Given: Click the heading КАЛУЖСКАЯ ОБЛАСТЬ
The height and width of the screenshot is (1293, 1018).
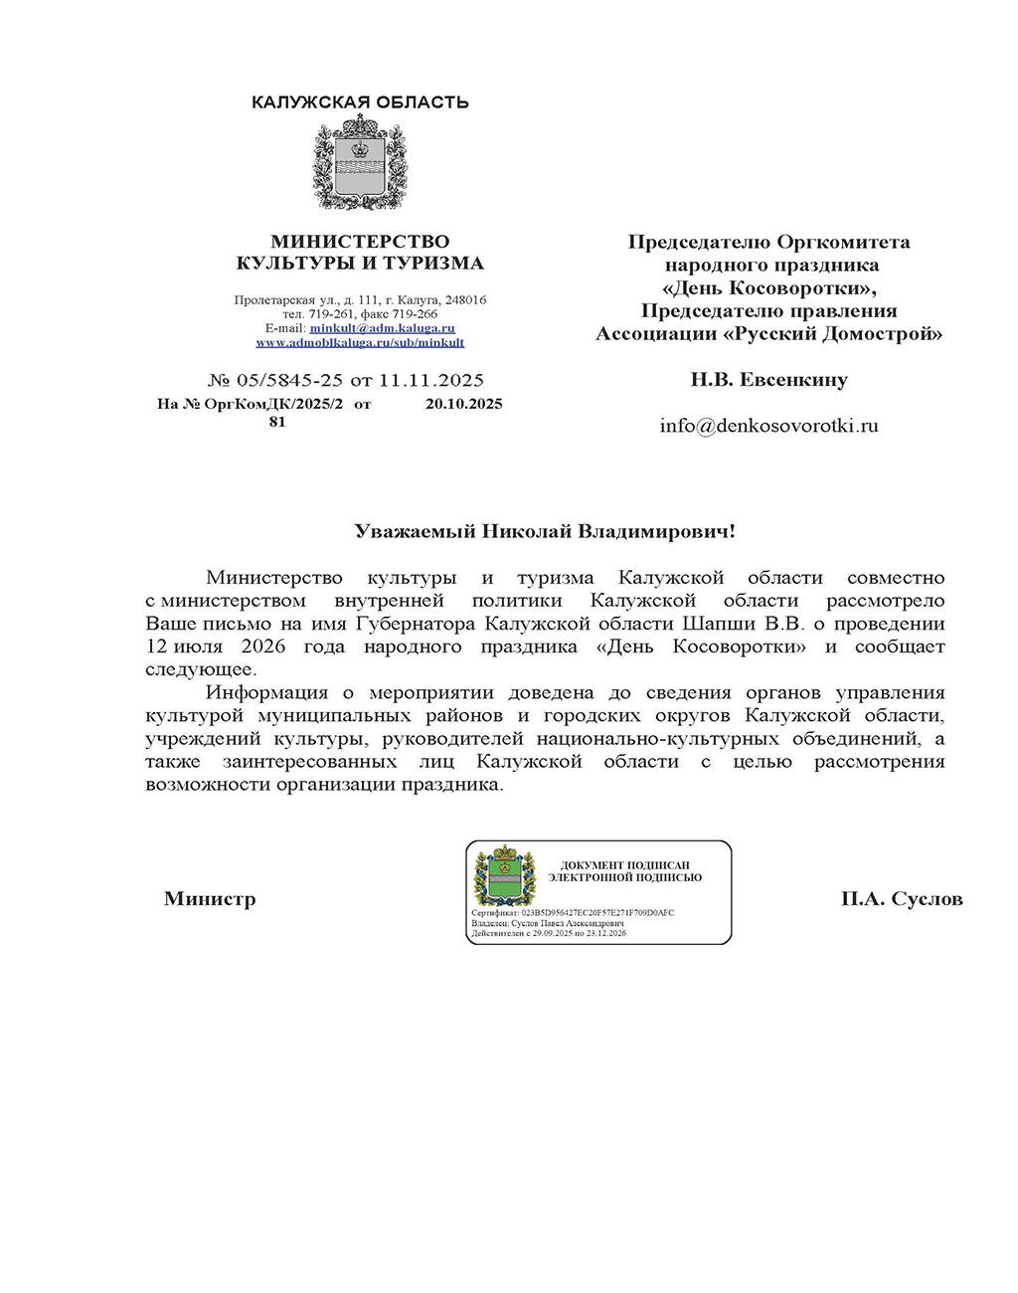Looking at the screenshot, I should [360, 102].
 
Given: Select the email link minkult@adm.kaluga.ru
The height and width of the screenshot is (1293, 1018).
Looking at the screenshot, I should [383, 328].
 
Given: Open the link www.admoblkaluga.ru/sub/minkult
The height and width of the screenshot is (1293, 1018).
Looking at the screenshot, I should [360, 342].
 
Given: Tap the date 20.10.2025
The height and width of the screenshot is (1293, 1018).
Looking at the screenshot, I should [463, 404].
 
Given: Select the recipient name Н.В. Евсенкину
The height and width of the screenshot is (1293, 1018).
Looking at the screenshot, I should [769, 379].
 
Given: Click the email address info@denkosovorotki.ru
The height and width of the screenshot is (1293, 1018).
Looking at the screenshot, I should [769, 426].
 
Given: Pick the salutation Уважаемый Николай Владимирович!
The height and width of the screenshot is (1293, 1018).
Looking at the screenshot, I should [546, 531].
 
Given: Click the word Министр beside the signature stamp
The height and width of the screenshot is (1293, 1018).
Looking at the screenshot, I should [210, 899].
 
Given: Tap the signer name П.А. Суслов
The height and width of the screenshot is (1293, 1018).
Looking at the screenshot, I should [902, 899].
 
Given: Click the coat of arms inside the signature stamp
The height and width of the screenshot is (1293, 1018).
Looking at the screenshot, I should [505, 876].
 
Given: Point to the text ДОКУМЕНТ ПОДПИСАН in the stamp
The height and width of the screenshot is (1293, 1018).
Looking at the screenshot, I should [625, 866].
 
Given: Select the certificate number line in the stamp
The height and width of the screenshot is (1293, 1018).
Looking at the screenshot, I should [573, 912].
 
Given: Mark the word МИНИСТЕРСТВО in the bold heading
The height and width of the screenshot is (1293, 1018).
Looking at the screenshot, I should [360, 242].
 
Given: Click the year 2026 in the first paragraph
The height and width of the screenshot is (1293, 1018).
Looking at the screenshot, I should [262, 646].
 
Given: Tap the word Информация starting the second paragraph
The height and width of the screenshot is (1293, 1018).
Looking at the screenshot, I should [266, 692].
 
